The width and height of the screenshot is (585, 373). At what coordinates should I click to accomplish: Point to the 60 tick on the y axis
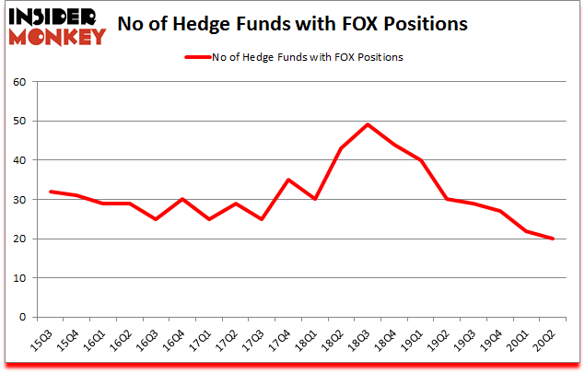[x=19, y=82]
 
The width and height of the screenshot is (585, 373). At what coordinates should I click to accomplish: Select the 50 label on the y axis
[x=19, y=122]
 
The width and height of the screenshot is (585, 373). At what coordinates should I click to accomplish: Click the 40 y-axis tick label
[x=19, y=160]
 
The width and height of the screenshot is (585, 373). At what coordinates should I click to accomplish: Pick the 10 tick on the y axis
[x=19, y=278]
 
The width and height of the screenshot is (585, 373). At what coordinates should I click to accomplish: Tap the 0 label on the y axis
[x=23, y=318]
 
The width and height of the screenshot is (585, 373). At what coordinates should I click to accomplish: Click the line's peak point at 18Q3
[x=368, y=125]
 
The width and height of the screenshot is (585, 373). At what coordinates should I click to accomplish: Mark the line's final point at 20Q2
[x=553, y=239]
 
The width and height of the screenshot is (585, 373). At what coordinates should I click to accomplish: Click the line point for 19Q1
[x=420, y=160]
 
